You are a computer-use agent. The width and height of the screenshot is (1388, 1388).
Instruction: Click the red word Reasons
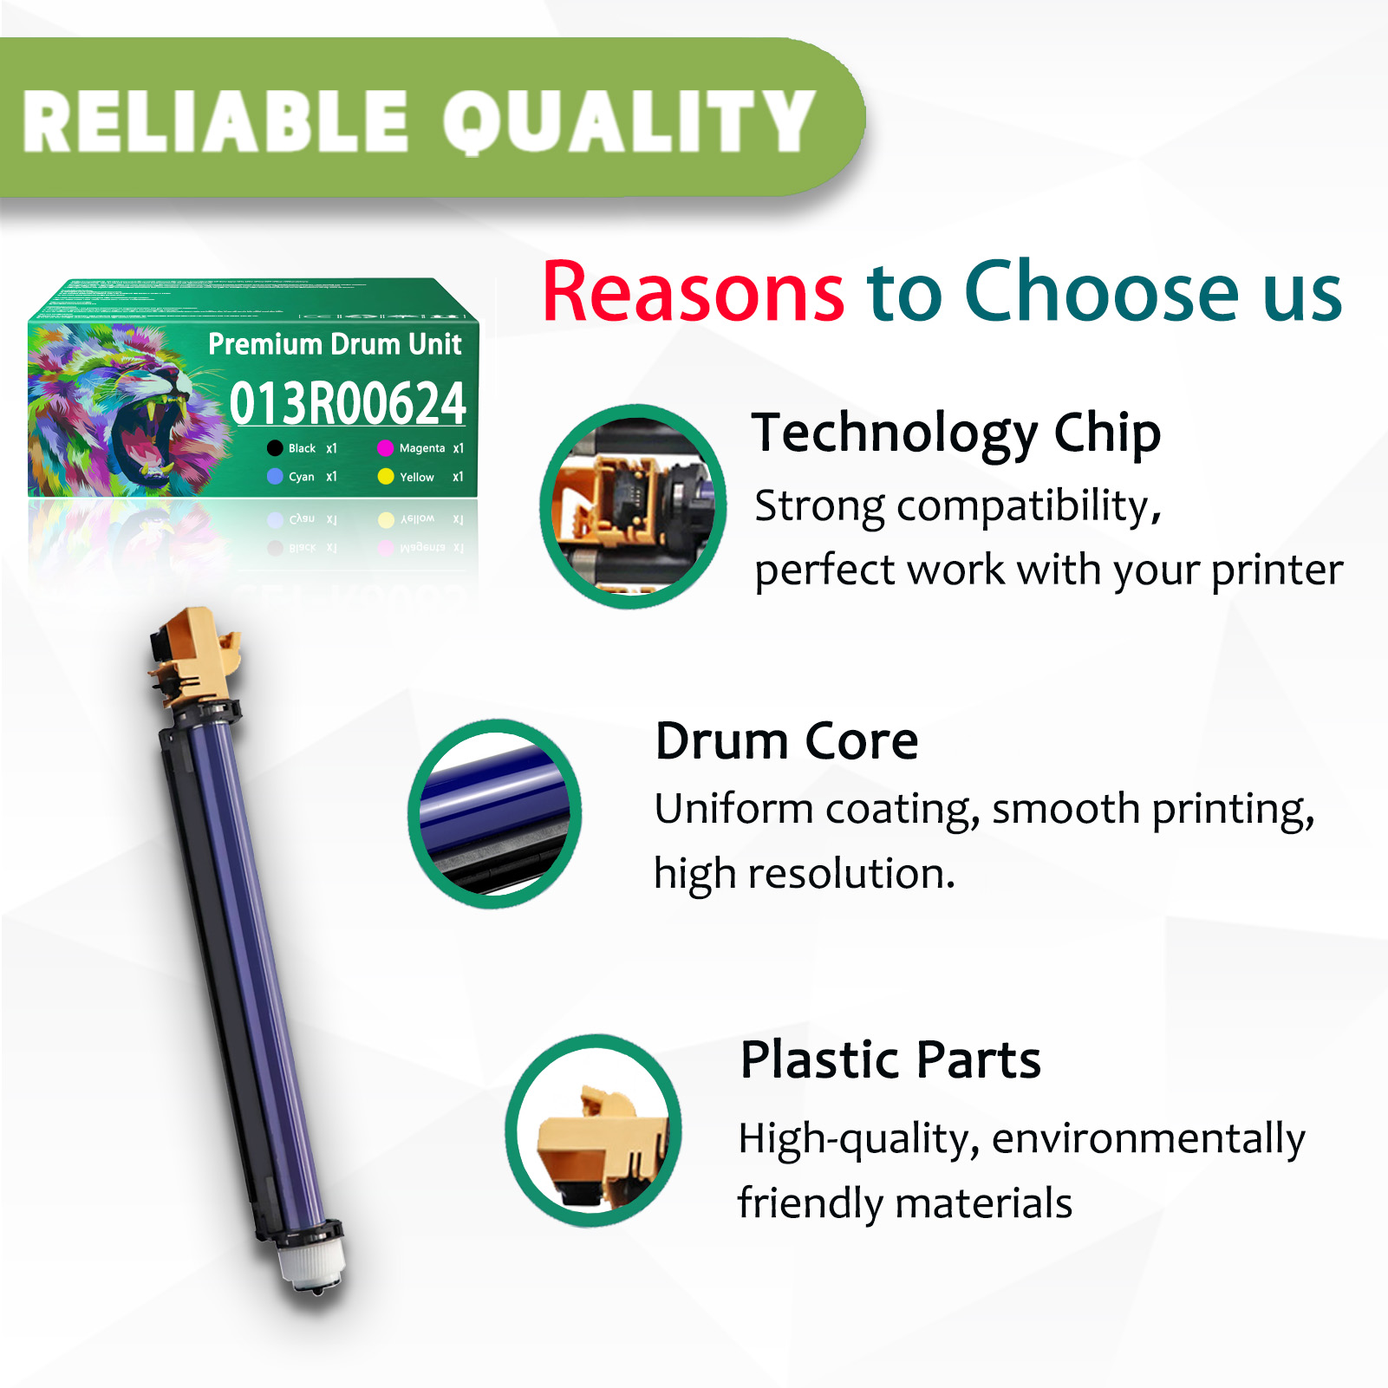(x=693, y=292)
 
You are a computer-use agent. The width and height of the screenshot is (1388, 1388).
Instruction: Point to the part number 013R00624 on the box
(x=348, y=403)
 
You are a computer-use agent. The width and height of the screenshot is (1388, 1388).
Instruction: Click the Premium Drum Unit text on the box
(x=335, y=344)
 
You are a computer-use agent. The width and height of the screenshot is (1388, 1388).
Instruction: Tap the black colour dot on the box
(x=275, y=448)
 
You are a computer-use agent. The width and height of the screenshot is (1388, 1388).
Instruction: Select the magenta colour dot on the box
(x=386, y=448)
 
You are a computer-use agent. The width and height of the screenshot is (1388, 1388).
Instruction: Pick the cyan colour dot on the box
(x=275, y=476)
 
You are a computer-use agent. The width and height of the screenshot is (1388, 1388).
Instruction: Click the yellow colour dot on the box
(x=386, y=476)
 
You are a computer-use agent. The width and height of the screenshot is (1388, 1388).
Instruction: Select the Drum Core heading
(x=786, y=741)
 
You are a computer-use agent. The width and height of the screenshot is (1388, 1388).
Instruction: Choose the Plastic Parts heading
(x=890, y=1059)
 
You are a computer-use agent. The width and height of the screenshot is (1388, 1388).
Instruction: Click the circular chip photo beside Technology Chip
(x=633, y=506)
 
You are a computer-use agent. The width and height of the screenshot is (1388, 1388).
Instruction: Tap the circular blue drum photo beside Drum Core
(x=494, y=813)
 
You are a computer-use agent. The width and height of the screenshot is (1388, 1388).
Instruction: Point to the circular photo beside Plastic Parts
(x=594, y=1131)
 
